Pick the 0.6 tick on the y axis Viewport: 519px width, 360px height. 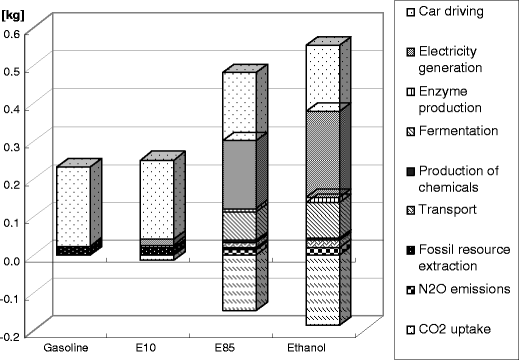[14, 33]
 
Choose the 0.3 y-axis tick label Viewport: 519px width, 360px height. [14, 146]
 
